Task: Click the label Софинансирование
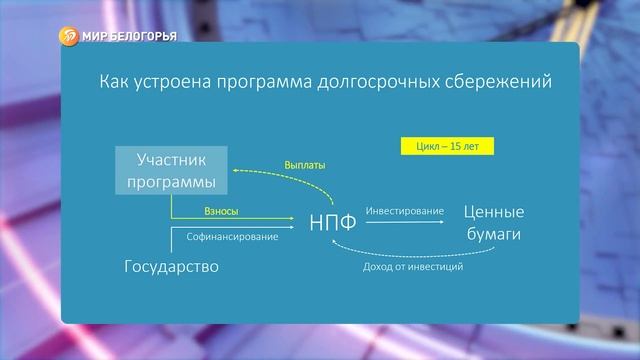(x=233, y=237)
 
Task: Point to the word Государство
(x=171, y=267)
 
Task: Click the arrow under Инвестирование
(x=404, y=222)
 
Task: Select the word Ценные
(x=495, y=212)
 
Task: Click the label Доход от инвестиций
(x=411, y=267)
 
